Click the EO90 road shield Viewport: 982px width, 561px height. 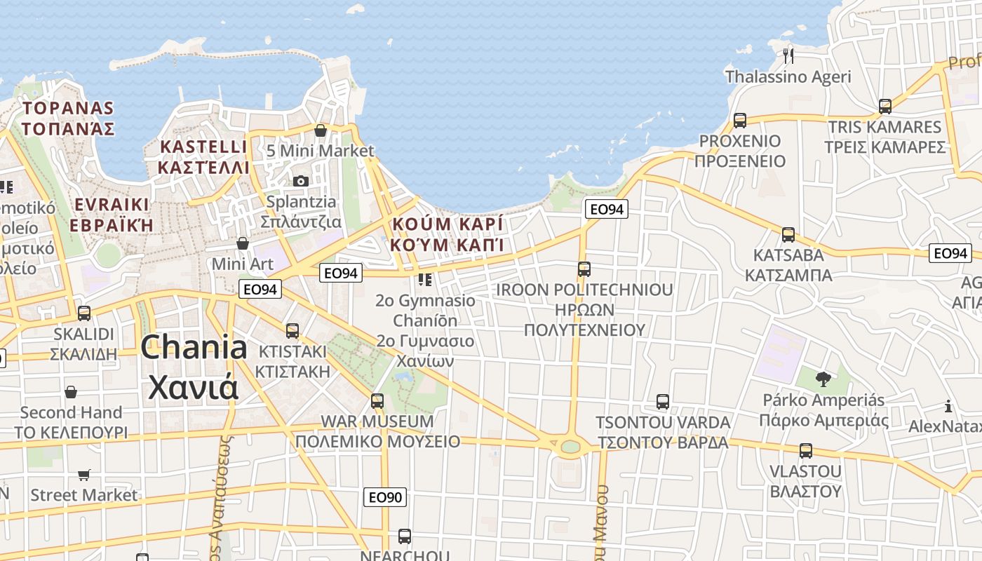[386, 498]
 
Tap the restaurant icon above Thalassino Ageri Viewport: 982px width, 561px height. [788, 55]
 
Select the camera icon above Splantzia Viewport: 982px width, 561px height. [301, 181]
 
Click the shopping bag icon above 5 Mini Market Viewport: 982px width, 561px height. [321, 130]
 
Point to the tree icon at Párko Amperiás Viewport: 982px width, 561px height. [823, 379]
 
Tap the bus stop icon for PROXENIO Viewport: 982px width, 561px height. [740, 120]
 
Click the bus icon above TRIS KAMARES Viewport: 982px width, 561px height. [885, 107]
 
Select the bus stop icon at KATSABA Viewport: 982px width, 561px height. [788, 235]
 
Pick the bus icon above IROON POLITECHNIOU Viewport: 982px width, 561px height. [584, 269]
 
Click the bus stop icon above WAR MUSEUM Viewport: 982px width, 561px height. [377, 401]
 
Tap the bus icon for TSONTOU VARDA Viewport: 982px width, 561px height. [663, 402]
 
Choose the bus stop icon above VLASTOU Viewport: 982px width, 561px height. [806, 450]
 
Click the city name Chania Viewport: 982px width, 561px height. [194, 348]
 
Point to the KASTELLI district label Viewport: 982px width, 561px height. [203, 147]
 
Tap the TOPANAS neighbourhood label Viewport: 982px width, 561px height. [67, 108]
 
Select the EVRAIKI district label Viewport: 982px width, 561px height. [112, 204]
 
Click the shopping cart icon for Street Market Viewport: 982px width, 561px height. [84, 475]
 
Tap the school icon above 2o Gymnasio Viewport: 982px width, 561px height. [424, 280]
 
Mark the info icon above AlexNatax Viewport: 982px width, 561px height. [948, 406]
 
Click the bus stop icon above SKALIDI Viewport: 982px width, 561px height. [84, 313]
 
